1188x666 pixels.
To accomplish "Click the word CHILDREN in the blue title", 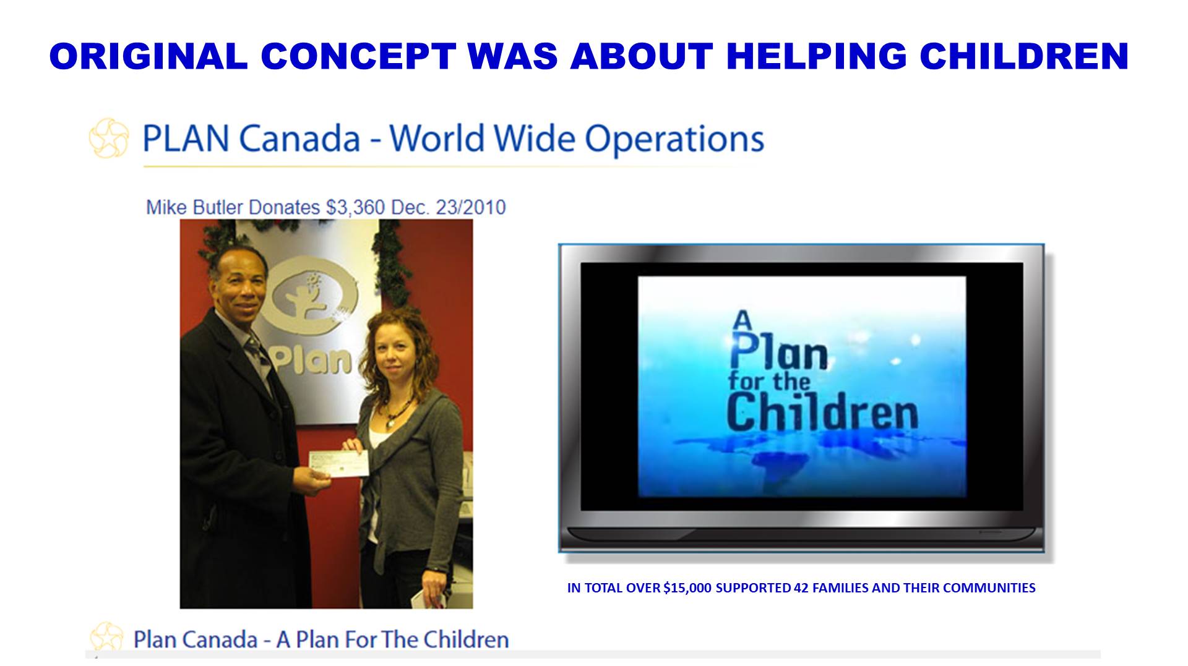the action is [1024, 56].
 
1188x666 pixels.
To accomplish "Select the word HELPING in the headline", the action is [816, 56].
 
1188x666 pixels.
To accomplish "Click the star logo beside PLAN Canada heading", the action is [109, 138].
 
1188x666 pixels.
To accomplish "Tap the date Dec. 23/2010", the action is [449, 207].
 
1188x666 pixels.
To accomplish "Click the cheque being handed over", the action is [338, 463].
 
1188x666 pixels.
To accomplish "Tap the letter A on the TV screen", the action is [742, 321].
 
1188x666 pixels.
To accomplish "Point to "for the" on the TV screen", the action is [769, 380].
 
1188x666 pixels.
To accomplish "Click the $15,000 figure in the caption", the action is [687, 588].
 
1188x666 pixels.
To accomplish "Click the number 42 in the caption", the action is [801, 588].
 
